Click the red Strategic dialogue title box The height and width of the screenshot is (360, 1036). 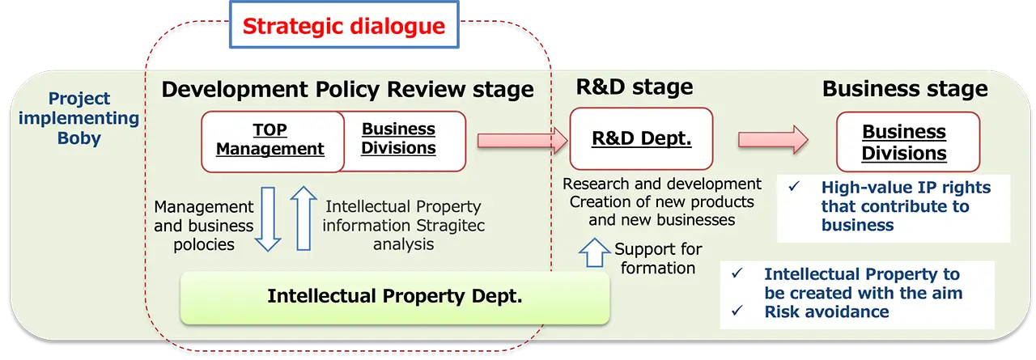pos(343,26)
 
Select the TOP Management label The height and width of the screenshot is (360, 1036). pos(270,140)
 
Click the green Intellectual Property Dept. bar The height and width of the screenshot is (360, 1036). pos(394,297)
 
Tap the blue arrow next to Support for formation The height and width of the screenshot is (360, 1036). pos(595,252)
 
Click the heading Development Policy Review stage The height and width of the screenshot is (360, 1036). pos(347,89)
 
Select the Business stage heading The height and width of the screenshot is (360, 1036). pos(904,89)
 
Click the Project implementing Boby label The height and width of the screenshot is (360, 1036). pos(79,118)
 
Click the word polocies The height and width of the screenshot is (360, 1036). pos(204,244)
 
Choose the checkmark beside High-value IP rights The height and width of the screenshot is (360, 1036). pos(794,187)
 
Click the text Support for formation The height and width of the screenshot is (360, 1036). pos(658,258)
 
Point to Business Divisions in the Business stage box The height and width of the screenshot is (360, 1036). pos(903,142)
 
